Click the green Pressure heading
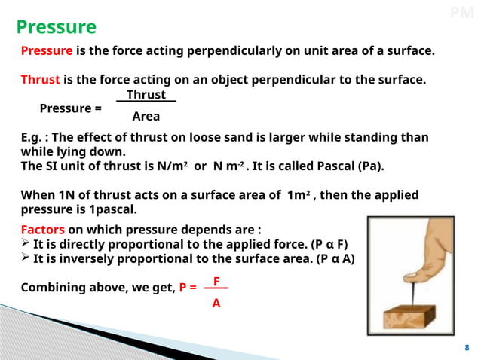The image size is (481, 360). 57,28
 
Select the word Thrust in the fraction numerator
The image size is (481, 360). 146,95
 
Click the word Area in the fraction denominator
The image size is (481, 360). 146,117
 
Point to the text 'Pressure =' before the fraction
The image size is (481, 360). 70,108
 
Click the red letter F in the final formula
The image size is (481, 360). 216,281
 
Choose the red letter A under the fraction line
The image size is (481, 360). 216,303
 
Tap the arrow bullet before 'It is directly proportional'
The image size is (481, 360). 26,244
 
